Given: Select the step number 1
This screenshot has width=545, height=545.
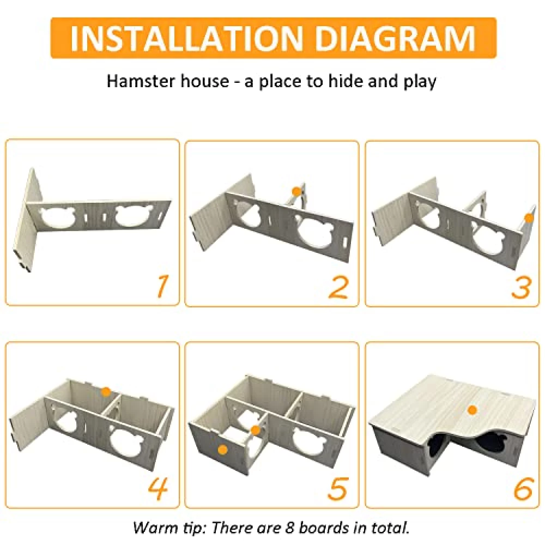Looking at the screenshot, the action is (x=161, y=287).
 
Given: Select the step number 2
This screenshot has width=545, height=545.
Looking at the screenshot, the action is (x=338, y=287).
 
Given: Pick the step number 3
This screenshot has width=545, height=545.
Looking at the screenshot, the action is (x=521, y=287).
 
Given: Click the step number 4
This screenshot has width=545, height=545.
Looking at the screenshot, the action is (x=158, y=488).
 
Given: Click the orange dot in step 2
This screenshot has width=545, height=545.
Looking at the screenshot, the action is (x=296, y=191).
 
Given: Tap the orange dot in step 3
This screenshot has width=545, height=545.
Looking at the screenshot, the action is (x=529, y=218).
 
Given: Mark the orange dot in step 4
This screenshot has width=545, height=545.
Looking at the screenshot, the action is (x=106, y=392).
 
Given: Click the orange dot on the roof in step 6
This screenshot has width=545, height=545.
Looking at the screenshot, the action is (x=471, y=410).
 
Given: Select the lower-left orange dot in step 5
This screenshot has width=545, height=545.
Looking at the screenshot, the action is (x=222, y=450).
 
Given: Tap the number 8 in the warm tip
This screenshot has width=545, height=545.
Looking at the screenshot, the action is (x=290, y=528).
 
